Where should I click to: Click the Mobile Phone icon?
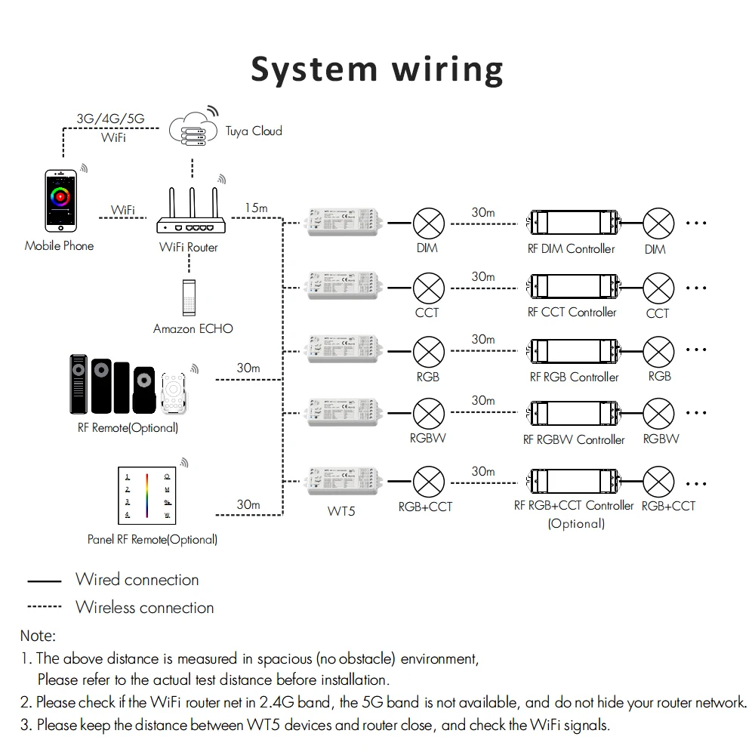click(60, 201)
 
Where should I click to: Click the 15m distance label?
click(257, 207)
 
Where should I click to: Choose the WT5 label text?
click(341, 511)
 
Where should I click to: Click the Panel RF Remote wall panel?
click(147, 496)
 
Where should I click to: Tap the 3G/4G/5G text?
click(110, 119)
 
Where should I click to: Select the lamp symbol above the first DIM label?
click(428, 223)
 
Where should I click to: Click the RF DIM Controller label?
click(572, 248)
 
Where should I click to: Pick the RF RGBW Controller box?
click(575, 411)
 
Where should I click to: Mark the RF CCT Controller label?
click(572, 312)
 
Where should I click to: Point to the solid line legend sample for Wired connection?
click(44, 581)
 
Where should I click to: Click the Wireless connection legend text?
click(144, 607)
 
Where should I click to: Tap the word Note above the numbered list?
click(38, 636)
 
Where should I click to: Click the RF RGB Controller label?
click(574, 377)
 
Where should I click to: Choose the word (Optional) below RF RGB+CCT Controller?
click(576, 523)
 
